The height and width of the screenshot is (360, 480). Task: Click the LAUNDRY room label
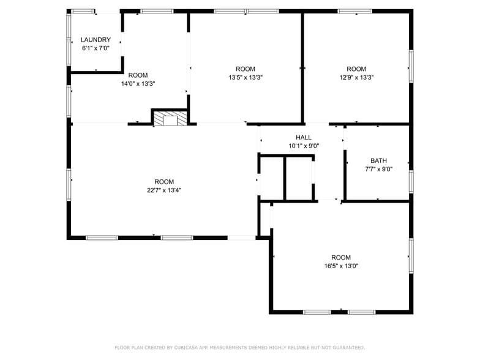96,40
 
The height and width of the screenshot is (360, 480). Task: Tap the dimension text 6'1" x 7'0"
96,48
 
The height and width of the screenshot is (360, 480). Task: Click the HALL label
304,138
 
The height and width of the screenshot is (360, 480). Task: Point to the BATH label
378,161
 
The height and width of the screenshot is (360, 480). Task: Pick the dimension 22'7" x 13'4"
163,190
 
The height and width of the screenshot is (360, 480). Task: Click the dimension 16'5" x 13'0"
341,266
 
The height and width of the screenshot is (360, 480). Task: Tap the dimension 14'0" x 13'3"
138,83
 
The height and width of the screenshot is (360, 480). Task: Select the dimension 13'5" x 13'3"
246,77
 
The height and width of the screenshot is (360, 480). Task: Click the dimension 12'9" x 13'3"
356,77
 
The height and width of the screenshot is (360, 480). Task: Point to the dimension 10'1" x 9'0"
304,146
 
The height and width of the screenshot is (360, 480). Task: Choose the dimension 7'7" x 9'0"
378,170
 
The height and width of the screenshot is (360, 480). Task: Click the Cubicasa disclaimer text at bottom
239,347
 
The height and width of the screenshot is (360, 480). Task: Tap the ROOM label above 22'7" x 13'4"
163,182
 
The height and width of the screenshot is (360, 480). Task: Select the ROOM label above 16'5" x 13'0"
341,258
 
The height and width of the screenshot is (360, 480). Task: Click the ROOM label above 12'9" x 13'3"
356,69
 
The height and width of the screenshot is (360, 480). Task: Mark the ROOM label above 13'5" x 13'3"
246,69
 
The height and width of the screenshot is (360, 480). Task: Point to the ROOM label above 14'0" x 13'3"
138,75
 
